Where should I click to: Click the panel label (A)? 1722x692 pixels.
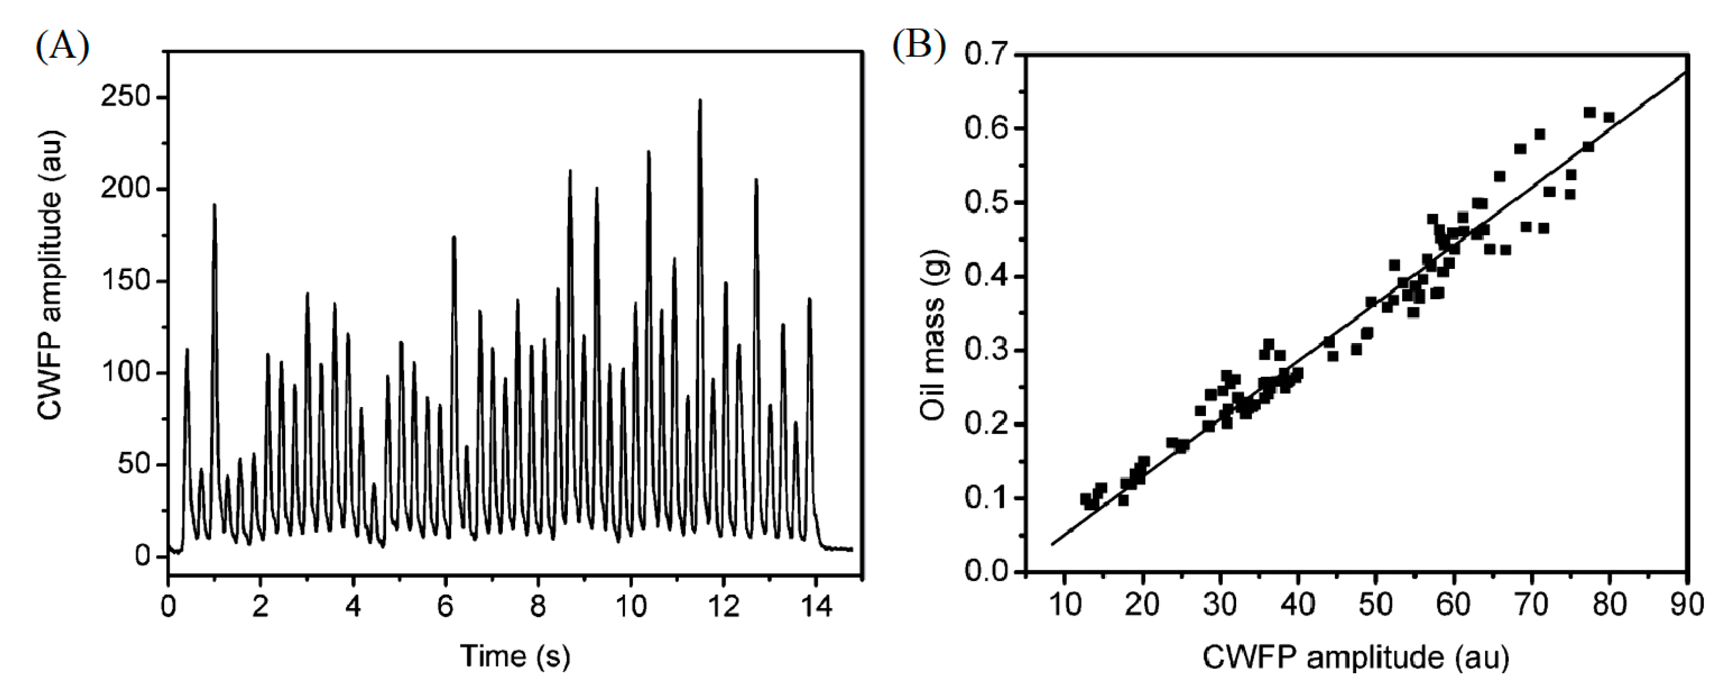pos(62,48)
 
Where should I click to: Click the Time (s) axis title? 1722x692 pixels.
pos(515,657)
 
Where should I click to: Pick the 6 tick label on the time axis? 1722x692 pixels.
pos(445,606)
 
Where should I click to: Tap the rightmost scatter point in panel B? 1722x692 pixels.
pos(1609,118)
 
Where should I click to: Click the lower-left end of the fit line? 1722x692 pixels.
pos(1052,543)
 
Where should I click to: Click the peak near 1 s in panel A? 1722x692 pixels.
pos(215,206)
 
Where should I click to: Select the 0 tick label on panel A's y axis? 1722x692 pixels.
pos(142,556)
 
